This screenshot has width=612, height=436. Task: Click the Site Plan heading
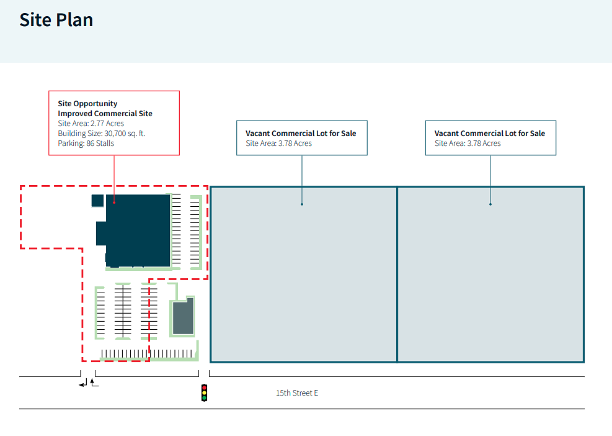click(56, 20)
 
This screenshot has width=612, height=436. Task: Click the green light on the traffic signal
click(204, 397)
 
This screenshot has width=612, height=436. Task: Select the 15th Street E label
click(297, 393)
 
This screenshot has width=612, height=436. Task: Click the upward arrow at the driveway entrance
click(94, 383)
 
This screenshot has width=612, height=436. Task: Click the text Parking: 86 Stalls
click(86, 143)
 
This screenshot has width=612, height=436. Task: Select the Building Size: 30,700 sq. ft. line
click(102, 134)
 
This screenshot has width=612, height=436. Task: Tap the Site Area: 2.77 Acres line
click(91, 124)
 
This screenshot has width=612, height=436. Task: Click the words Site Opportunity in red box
click(87, 104)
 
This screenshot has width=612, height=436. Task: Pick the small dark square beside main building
click(97, 201)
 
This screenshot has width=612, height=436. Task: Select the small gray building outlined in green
click(183, 317)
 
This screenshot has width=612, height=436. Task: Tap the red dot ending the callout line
click(114, 202)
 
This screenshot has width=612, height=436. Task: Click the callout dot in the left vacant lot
click(302, 204)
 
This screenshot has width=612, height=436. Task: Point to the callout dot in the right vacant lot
click(490, 204)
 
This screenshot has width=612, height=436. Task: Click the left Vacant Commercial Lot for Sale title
click(301, 134)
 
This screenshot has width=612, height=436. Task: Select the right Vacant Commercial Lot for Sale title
click(490, 134)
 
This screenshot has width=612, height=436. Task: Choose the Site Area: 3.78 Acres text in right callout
click(468, 143)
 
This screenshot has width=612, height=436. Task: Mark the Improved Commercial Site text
click(105, 114)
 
